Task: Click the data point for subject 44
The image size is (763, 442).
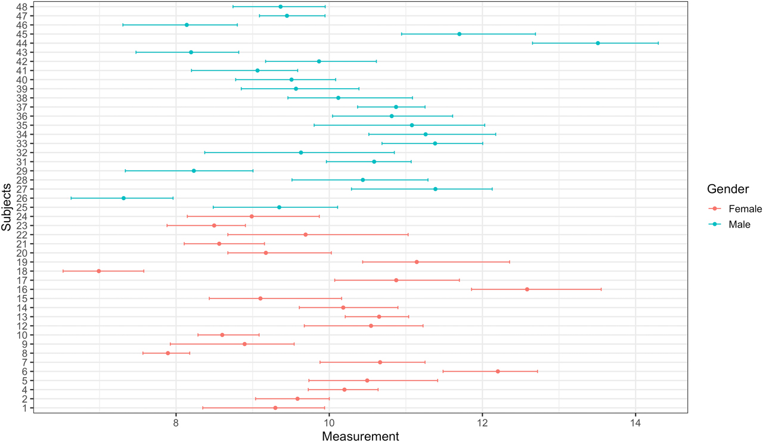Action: (x=598, y=43)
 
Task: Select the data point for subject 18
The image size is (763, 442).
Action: (x=99, y=271)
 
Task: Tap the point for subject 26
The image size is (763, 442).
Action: (x=123, y=198)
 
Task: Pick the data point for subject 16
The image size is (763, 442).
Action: (x=527, y=289)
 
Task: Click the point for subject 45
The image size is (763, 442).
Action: (x=459, y=34)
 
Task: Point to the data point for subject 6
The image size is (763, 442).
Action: (x=498, y=371)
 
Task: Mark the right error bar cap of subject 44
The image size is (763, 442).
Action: (x=658, y=43)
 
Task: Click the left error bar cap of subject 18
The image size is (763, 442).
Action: (x=63, y=271)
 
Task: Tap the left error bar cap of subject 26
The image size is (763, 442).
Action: (x=71, y=198)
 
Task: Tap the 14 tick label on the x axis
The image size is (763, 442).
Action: (x=635, y=424)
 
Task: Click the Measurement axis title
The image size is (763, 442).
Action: (x=360, y=436)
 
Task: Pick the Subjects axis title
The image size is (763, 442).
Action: (x=6, y=207)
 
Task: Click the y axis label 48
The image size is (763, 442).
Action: (x=21, y=7)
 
